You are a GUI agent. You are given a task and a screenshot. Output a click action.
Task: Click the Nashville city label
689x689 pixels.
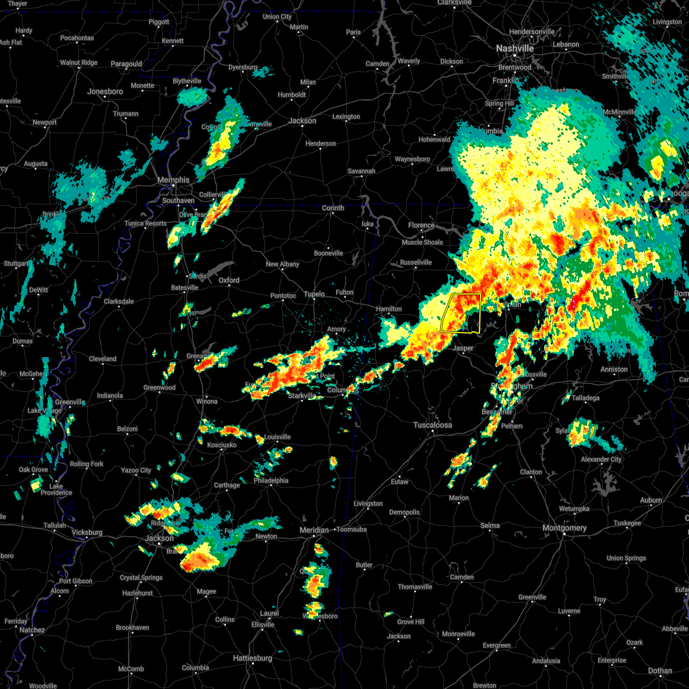pos(515,49)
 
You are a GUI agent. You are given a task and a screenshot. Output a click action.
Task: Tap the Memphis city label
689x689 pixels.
pos(173,180)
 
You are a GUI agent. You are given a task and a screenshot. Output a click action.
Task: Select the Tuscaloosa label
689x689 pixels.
pos(433,425)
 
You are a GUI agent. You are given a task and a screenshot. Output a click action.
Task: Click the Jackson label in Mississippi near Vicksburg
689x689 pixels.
pos(159,539)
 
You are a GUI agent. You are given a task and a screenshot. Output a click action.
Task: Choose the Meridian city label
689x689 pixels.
pos(315,530)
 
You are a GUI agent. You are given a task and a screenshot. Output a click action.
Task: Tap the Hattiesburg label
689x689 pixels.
pos(253,658)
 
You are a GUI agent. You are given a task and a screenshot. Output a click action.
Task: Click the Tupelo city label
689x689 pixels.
pos(314,295)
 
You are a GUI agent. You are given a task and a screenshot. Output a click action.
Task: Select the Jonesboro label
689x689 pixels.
pos(105,92)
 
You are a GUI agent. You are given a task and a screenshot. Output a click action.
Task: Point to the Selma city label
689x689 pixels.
pos(490,525)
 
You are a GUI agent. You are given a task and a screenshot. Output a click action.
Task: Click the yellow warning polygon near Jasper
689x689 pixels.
pos(461,313)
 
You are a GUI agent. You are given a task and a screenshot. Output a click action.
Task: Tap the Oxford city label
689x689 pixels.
pos(229,280)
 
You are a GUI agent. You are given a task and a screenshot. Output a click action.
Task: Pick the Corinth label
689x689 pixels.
pos(333,208)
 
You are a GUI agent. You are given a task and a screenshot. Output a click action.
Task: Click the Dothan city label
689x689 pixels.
pos(660,671)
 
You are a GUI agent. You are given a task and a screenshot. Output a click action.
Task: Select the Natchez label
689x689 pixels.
pos(32,630)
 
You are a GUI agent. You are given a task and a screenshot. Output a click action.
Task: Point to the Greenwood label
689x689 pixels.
pos(160,388)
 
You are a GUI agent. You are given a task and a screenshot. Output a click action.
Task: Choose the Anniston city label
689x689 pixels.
pos(614,369)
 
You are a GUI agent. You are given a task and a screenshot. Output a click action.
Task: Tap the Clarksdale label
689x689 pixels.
pos(119,301)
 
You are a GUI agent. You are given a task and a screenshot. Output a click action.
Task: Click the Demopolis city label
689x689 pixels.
pos(404,512)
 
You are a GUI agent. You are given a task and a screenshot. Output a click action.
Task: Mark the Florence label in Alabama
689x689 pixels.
pos(421,226)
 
